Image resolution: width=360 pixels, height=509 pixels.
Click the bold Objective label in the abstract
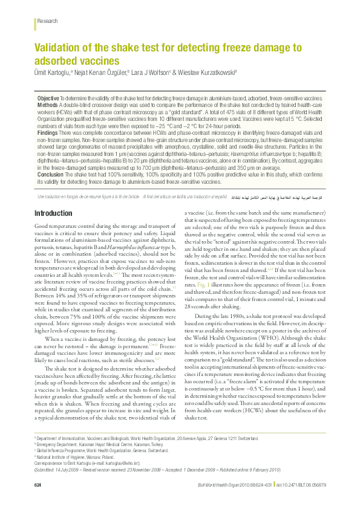pos(48,98)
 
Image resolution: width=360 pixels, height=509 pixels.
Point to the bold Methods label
pos(48,105)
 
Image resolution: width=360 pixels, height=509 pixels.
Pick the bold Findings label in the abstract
pos(48,132)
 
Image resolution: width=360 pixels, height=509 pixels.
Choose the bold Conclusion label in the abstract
pos(50,174)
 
